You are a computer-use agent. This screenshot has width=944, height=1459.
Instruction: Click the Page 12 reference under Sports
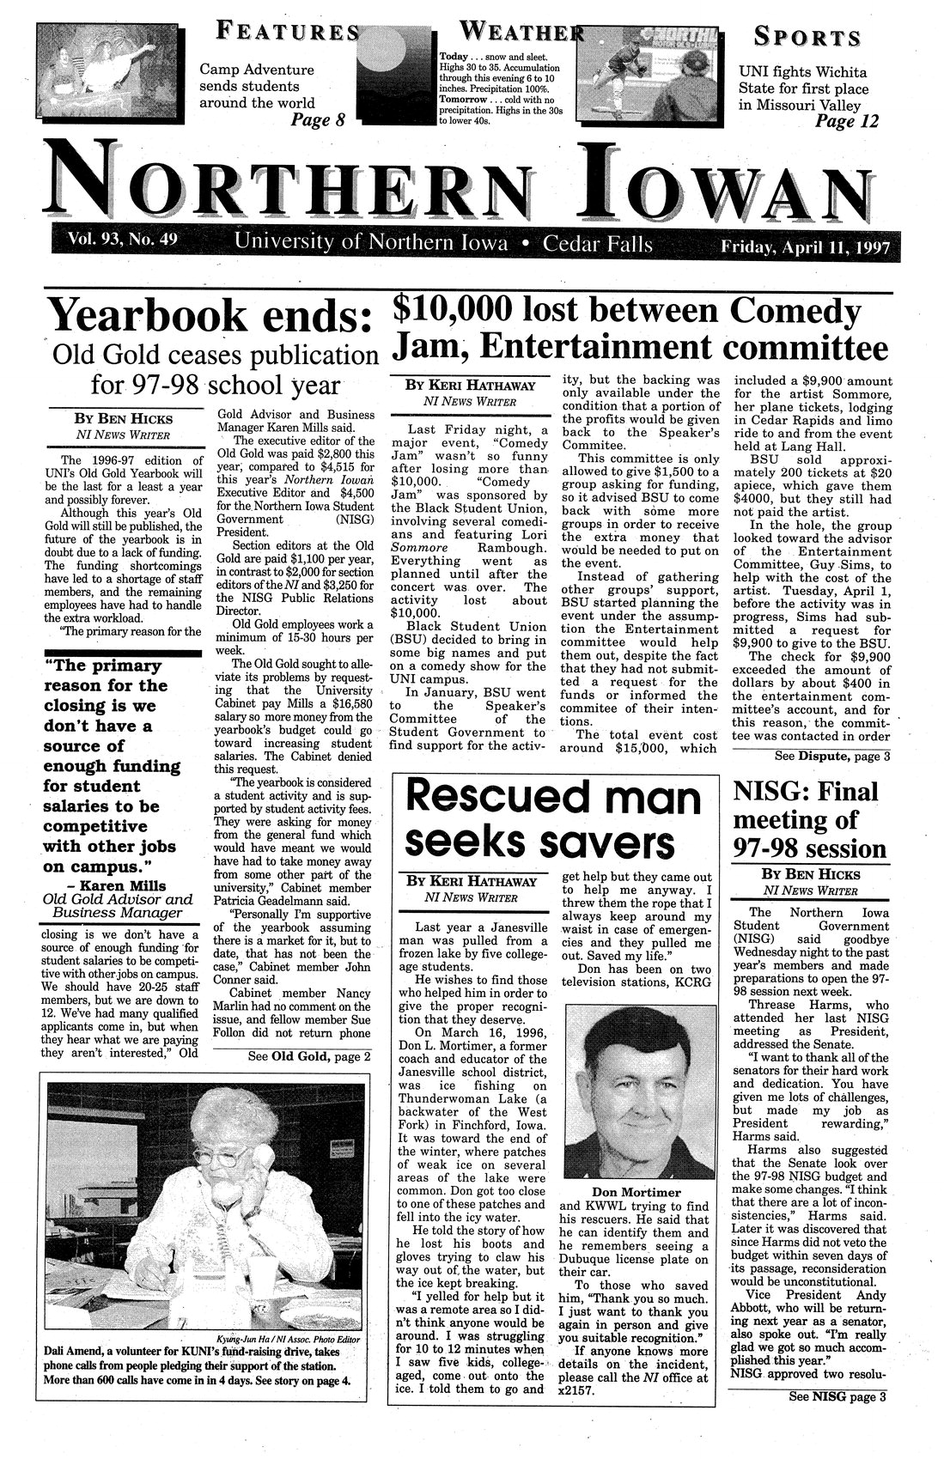point(846,122)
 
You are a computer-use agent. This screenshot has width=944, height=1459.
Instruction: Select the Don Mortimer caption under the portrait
point(636,1192)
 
